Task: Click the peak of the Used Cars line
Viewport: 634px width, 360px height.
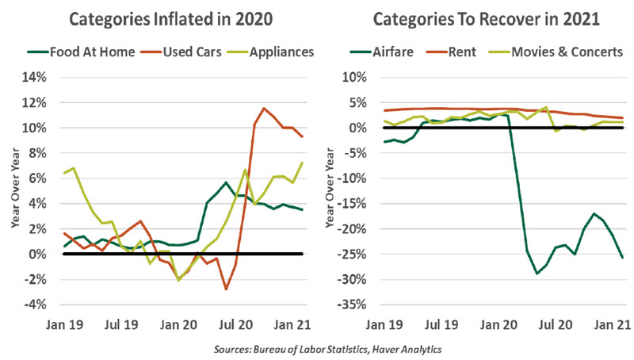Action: [264, 109]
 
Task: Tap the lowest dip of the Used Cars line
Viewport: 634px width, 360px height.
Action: [226, 289]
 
